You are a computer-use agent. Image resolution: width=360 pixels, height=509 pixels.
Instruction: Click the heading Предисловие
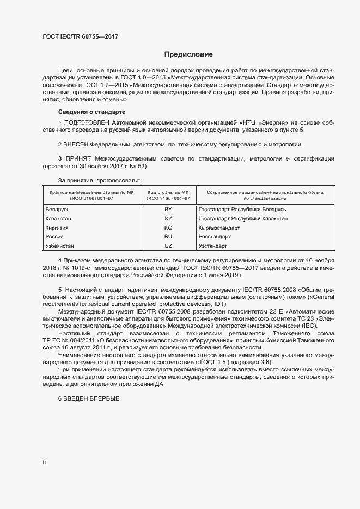(188, 54)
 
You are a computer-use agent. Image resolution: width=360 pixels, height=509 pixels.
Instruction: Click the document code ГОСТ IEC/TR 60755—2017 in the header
(80, 36)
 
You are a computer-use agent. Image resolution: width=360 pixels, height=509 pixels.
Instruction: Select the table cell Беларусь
(58, 209)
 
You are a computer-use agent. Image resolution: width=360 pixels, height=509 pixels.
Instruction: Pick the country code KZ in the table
(168, 218)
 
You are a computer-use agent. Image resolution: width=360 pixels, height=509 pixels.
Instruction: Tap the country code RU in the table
(168, 237)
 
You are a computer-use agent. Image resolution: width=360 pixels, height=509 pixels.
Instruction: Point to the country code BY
(168, 209)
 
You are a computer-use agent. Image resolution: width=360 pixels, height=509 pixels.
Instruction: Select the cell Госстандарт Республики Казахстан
(243, 218)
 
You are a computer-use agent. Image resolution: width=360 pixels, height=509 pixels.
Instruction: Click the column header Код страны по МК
(168, 192)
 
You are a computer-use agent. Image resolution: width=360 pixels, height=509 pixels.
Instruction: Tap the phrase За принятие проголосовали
(99, 179)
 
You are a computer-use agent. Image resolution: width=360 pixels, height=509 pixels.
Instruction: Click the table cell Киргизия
(57, 228)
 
